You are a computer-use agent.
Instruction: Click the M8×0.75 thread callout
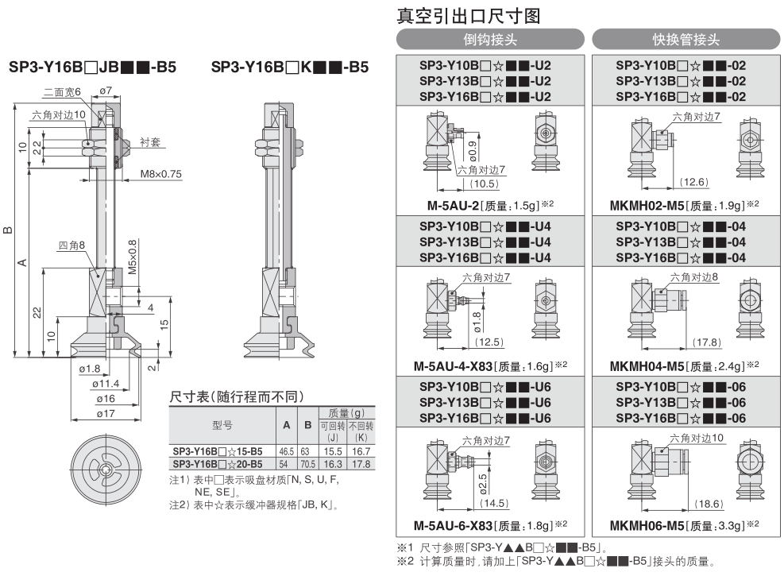(x=160, y=174)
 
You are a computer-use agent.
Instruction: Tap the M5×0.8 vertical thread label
(x=132, y=257)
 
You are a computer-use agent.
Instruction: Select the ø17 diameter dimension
(x=106, y=413)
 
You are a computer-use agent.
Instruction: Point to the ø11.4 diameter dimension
(x=106, y=384)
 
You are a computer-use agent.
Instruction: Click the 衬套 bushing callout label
(x=150, y=142)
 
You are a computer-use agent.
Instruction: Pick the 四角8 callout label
(x=71, y=245)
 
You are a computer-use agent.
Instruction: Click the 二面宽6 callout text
(x=62, y=92)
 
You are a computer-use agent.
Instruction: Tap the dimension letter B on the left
(x=7, y=230)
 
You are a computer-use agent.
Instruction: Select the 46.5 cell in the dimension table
(x=287, y=451)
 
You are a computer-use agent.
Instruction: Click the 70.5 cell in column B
(x=307, y=464)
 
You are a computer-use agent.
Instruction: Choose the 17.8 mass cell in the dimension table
(x=361, y=464)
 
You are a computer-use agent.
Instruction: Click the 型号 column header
(x=222, y=425)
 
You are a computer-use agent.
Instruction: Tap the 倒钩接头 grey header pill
(x=490, y=39)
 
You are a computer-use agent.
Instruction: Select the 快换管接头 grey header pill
(x=686, y=39)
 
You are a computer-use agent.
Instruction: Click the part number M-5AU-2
(x=453, y=206)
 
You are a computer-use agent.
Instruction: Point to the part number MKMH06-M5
(x=647, y=526)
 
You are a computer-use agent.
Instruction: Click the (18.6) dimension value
(x=709, y=504)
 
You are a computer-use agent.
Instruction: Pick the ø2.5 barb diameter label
(x=482, y=484)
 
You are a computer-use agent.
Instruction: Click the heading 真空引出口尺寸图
(x=469, y=16)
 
